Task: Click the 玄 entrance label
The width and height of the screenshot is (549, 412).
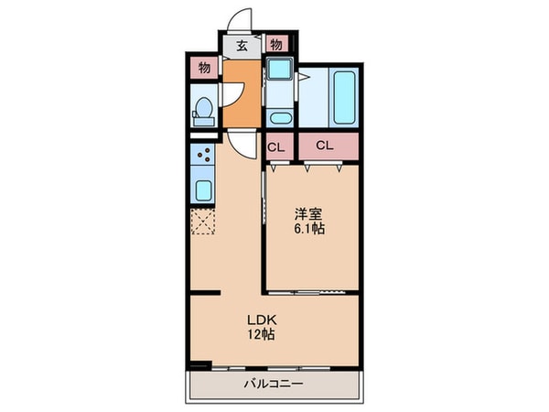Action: coord(242,45)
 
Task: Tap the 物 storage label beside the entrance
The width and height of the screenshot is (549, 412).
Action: coord(275,45)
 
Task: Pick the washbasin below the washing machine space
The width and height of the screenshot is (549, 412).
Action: coord(278,116)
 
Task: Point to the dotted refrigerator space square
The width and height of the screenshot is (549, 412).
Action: coord(203,222)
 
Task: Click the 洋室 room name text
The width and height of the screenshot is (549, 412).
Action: coord(308,214)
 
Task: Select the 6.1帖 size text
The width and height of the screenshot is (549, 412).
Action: coord(308,229)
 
